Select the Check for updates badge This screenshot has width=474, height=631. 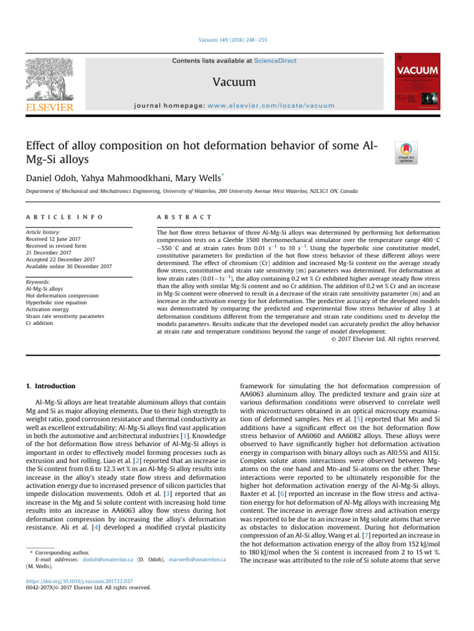(x=405, y=153)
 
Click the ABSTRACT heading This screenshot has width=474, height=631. (x=185, y=218)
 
